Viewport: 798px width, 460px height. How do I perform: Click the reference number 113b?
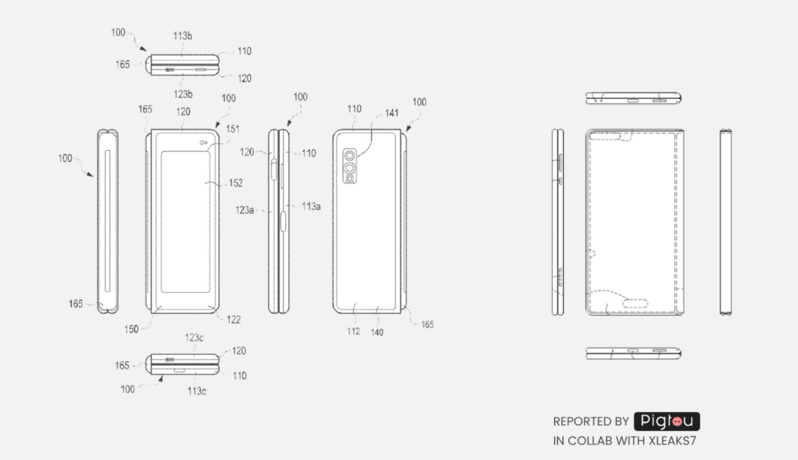click(x=183, y=35)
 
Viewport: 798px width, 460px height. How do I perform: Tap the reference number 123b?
click(x=183, y=94)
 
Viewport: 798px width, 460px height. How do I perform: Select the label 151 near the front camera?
click(x=233, y=129)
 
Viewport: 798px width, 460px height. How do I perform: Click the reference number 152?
click(x=236, y=183)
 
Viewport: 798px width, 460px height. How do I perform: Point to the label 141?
click(x=392, y=113)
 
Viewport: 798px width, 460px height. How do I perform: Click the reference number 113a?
click(x=311, y=206)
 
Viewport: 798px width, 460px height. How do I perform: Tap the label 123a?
click(x=245, y=210)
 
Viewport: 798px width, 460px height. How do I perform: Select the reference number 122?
click(x=233, y=319)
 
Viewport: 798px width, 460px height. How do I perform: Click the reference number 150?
click(x=132, y=329)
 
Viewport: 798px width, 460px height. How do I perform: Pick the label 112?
click(x=354, y=331)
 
